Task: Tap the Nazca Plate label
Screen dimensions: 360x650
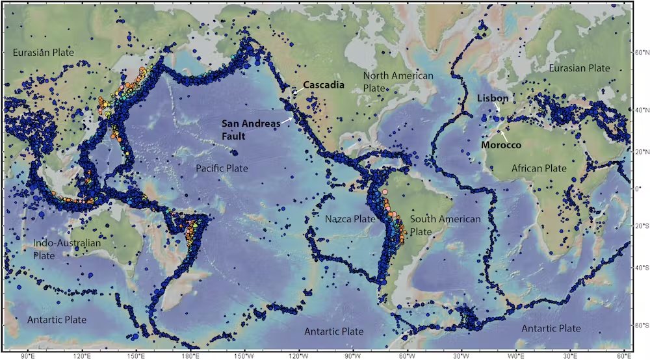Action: pos(350,219)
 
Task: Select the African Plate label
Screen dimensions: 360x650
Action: pos(539,168)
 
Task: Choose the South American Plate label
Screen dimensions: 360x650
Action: pos(445,225)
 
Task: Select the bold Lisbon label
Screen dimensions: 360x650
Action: pos(492,97)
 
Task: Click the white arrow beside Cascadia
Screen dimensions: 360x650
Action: pos(296,93)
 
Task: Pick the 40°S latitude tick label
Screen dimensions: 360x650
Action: pos(640,268)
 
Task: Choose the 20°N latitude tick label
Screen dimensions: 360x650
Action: pos(640,151)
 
